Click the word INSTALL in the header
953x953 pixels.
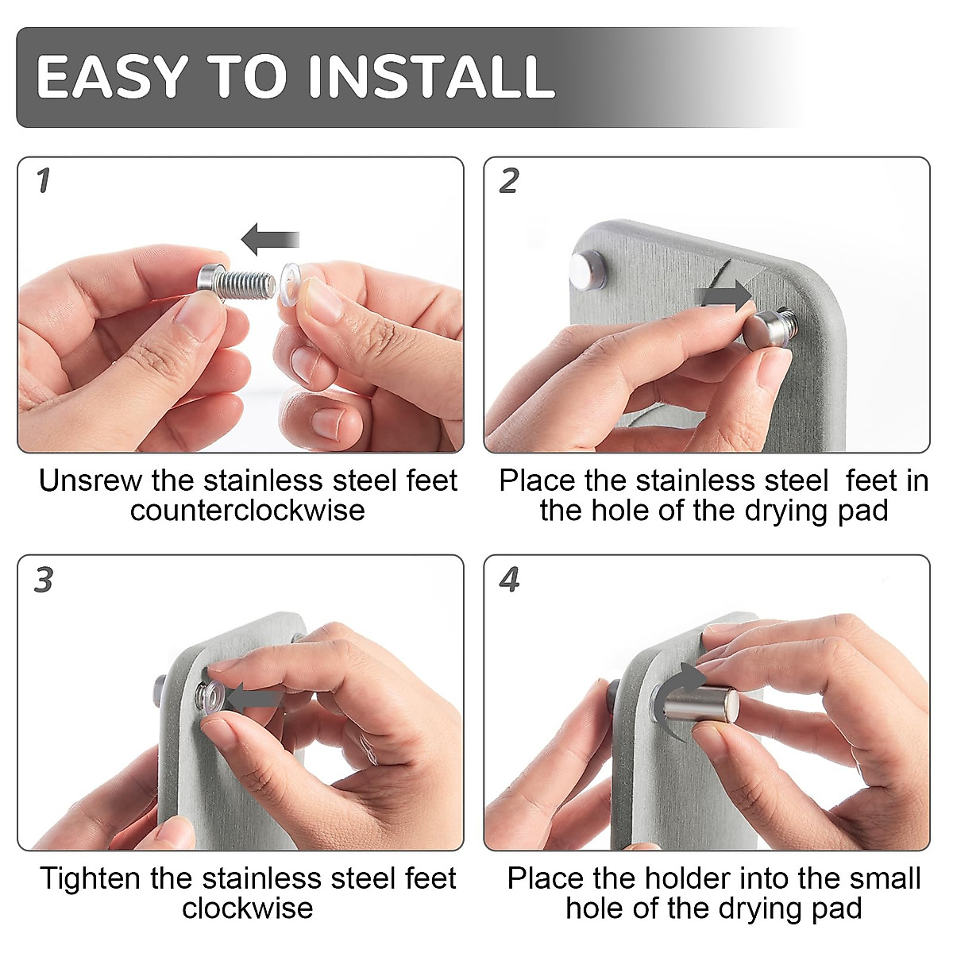[432, 77]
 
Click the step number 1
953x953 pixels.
[44, 180]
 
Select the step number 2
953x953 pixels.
[509, 180]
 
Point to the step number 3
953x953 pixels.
[44, 579]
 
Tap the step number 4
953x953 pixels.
[509, 579]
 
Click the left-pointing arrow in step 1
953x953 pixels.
[270, 239]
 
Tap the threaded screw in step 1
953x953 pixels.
[237, 282]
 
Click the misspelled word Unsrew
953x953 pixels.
[91, 480]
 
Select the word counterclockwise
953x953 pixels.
[247, 511]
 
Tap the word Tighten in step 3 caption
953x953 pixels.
[91, 879]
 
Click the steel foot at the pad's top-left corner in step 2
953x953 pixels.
[588, 269]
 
